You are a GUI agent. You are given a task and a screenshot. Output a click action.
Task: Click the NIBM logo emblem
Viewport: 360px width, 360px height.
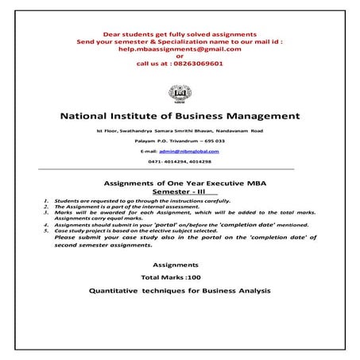pos(180,91)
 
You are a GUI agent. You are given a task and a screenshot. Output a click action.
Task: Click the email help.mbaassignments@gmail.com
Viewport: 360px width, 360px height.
pos(179,49)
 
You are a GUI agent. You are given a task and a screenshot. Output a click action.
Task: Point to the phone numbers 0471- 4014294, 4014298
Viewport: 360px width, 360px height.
pos(180,161)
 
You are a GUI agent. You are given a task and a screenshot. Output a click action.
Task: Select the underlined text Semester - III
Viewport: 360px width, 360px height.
pos(180,192)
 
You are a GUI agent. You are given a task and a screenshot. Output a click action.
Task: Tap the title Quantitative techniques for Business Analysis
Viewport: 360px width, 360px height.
pos(180,291)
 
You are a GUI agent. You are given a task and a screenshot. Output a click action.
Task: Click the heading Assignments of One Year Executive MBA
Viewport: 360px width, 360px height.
pos(180,184)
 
